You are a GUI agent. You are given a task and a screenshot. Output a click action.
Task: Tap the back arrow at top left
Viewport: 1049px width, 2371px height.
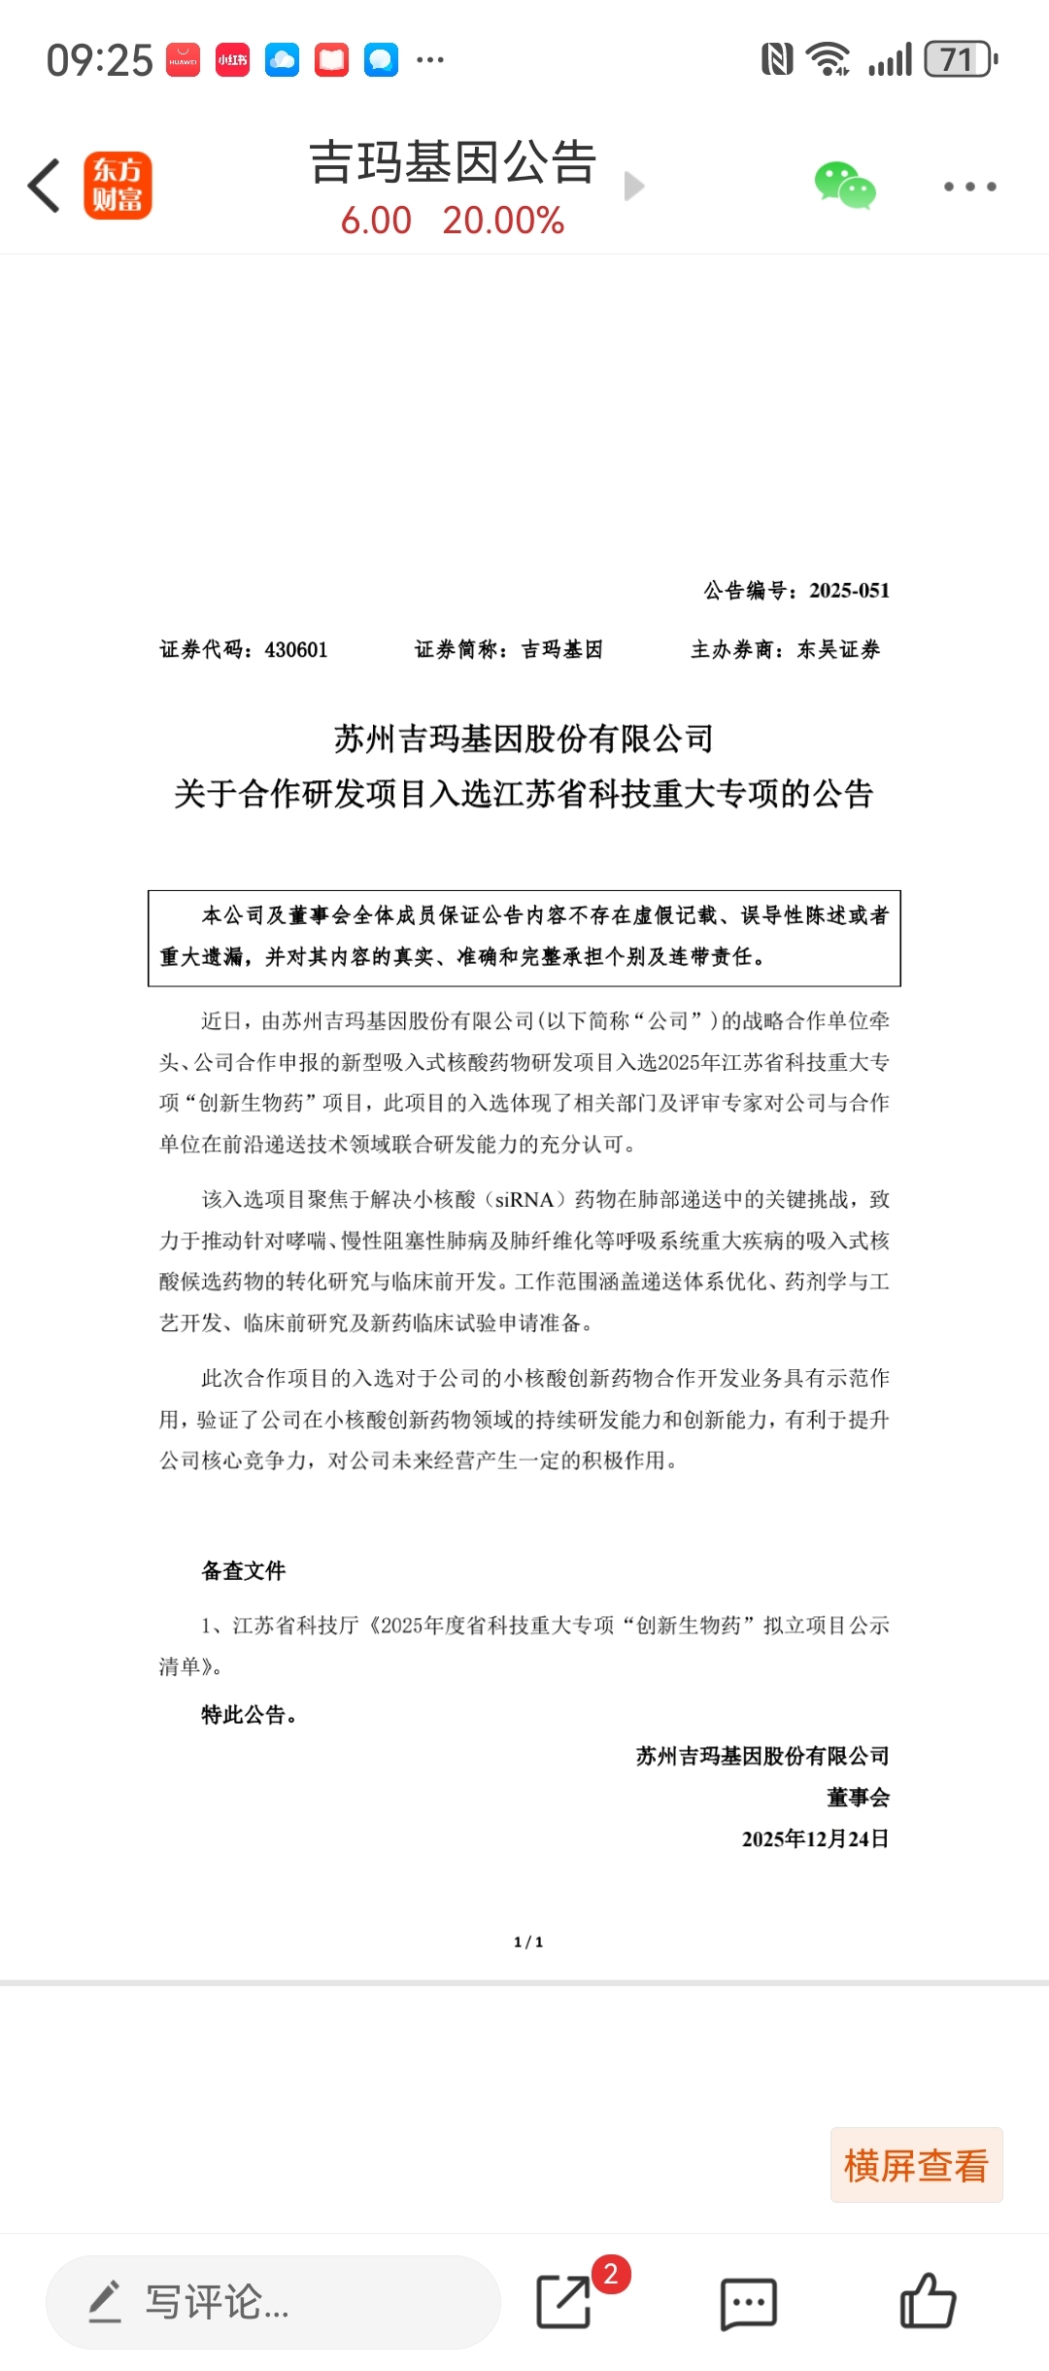click(45, 186)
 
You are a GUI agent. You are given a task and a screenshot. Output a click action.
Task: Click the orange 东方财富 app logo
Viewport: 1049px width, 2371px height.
click(118, 186)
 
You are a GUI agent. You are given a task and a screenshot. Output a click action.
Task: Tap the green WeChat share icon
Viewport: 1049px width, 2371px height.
click(844, 186)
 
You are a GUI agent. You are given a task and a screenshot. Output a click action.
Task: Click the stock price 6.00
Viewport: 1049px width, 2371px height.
click(376, 221)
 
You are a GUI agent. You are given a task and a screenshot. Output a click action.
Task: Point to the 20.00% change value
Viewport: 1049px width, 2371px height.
click(503, 221)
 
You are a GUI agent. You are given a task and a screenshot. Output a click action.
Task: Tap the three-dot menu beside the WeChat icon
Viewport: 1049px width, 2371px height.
click(969, 187)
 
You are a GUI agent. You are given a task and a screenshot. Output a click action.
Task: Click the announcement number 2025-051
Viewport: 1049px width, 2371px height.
click(849, 591)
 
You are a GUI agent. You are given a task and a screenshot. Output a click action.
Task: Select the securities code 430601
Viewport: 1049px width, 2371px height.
click(296, 650)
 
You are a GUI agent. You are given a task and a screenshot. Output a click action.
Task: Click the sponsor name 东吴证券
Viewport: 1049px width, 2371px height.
click(838, 650)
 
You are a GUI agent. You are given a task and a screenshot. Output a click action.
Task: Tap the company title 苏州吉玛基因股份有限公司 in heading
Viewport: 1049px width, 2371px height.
click(524, 739)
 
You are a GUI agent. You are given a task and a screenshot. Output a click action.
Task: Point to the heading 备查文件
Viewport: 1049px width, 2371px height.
click(244, 1571)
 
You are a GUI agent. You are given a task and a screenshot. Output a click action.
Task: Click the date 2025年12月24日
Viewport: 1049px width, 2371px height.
click(815, 1839)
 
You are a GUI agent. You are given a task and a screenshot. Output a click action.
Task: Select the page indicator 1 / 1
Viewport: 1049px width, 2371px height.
click(528, 1942)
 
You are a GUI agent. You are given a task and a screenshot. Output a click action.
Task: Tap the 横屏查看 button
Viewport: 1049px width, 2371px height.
click(916, 2165)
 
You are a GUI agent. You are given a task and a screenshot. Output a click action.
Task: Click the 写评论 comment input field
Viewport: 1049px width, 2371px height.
click(273, 2302)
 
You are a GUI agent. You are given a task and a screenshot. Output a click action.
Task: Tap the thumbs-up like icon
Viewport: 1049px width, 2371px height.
click(928, 2301)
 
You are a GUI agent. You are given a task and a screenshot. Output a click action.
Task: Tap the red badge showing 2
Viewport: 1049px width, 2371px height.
click(611, 2274)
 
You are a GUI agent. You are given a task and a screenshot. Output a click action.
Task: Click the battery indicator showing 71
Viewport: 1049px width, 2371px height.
click(960, 60)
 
